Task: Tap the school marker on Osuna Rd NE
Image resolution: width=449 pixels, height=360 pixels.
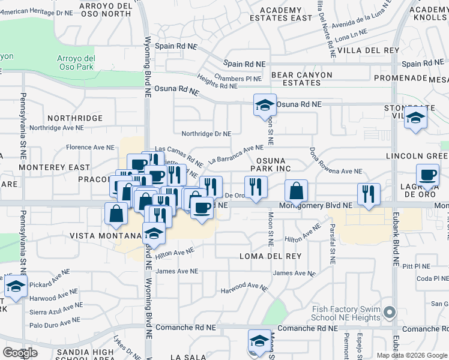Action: click(x=265, y=106)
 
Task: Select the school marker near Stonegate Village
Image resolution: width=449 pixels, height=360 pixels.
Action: click(x=415, y=119)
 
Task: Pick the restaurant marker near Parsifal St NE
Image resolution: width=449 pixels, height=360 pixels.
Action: click(x=368, y=194)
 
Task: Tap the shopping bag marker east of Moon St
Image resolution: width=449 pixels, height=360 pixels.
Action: click(x=296, y=191)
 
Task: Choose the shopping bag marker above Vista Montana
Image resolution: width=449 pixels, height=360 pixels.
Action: click(x=115, y=214)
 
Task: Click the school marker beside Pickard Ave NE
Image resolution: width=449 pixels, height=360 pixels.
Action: click(x=16, y=286)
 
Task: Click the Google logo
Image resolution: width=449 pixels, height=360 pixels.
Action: click(x=20, y=353)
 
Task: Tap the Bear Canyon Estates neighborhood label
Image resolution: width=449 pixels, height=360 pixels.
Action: click(x=302, y=79)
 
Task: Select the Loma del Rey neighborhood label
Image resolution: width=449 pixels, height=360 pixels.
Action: click(x=270, y=256)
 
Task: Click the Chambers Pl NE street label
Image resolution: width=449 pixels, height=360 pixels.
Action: click(x=238, y=79)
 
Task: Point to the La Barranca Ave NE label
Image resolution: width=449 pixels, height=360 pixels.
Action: click(x=236, y=154)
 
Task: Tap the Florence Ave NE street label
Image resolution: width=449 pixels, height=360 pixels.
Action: click(x=90, y=147)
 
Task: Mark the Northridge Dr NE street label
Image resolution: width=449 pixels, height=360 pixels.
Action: click(x=206, y=134)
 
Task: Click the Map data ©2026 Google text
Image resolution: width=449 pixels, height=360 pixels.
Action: click(x=412, y=355)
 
